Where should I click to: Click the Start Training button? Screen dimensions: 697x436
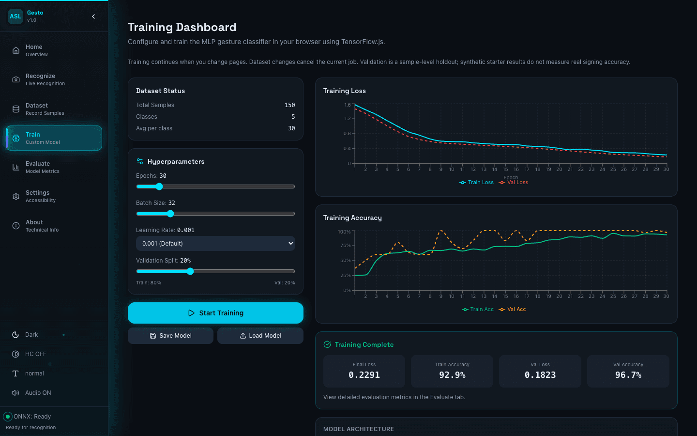[215, 312]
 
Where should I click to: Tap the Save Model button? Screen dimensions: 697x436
[170, 335]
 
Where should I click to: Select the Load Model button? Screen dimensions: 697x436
[260, 335]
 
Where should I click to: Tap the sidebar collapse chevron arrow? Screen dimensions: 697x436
[93, 16]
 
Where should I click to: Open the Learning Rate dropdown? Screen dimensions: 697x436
[215, 243]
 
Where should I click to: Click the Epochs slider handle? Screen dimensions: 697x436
[159, 187]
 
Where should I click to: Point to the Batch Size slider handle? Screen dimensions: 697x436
[170, 214]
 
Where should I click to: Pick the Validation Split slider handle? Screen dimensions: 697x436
[190, 271]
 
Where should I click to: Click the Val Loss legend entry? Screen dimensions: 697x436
[514, 183]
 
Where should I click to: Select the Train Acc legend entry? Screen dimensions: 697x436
[478, 309]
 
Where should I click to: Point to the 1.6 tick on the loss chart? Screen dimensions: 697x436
[347, 105]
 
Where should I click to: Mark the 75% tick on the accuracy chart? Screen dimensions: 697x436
[346, 246]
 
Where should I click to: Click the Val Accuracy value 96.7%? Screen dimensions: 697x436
[628, 375]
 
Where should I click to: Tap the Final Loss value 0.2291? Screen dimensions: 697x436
[364, 375]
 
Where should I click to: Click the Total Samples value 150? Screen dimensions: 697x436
[289, 105]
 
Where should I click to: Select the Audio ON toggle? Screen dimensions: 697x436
[31, 393]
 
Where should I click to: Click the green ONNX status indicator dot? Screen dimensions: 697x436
[8, 417]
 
